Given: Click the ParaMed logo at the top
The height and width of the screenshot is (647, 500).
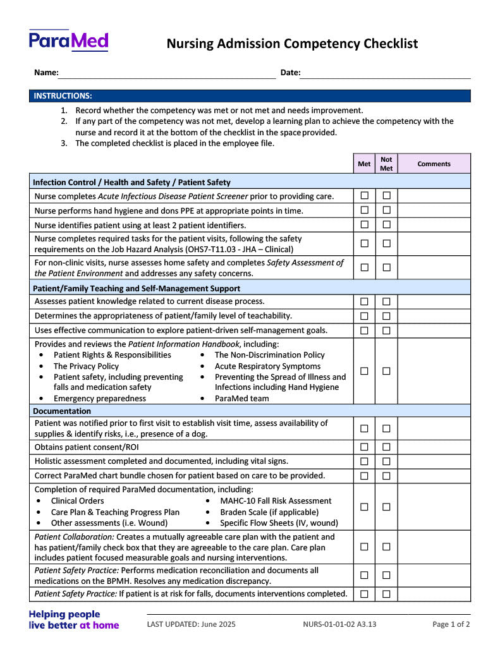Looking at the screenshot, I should [x=68, y=40].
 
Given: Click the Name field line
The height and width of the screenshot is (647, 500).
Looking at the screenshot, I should [x=167, y=74].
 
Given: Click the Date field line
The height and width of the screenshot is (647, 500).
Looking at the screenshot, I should [x=385, y=74].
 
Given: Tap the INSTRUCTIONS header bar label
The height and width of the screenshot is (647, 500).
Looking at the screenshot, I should [x=63, y=96].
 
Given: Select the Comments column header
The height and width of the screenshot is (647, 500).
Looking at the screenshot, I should [x=434, y=164].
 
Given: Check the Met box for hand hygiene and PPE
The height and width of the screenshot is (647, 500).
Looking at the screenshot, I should [x=364, y=210].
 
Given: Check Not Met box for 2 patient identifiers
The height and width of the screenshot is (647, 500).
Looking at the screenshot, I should [x=386, y=225].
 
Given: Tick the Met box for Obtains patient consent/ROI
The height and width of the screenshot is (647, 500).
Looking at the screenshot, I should [x=364, y=447].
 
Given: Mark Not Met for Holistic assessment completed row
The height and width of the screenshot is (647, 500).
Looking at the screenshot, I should [x=386, y=461].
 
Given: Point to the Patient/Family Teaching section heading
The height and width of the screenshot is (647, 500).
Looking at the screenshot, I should [x=137, y=288].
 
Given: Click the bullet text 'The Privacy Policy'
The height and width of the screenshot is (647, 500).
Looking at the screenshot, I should [x=86, y=366].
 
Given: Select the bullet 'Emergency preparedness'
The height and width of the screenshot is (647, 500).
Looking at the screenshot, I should [x=99, y=399].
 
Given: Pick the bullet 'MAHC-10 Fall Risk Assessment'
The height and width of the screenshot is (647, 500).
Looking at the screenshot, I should [x=276, y=501].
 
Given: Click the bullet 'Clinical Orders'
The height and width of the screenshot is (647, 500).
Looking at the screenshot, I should [x=77, y=501].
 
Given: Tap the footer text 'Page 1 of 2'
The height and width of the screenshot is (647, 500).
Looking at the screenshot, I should [x=451, y=625].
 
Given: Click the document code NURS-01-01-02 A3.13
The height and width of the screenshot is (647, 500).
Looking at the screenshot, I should [x=339, y=625].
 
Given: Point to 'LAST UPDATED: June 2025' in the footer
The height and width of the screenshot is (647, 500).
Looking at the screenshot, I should [x=191, y=625].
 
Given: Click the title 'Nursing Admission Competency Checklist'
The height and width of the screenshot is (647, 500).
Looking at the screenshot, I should [x=292, y=44].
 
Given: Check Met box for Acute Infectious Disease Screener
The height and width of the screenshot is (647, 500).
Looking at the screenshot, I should [x=364, y=196].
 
